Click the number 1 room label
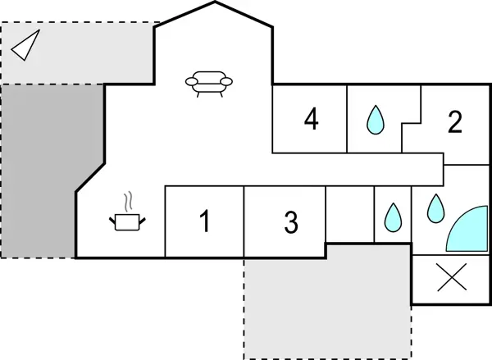point(205,221)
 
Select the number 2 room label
point(455,122)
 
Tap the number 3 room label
point(291,221)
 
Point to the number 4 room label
point(311,120)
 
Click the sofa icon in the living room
point(209,82)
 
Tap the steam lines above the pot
point(128,201)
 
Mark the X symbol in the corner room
point(451,279)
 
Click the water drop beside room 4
point(376,120)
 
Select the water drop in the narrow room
point(392,216)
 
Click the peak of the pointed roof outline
point(216,2)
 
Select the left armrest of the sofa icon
point(190,80)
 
